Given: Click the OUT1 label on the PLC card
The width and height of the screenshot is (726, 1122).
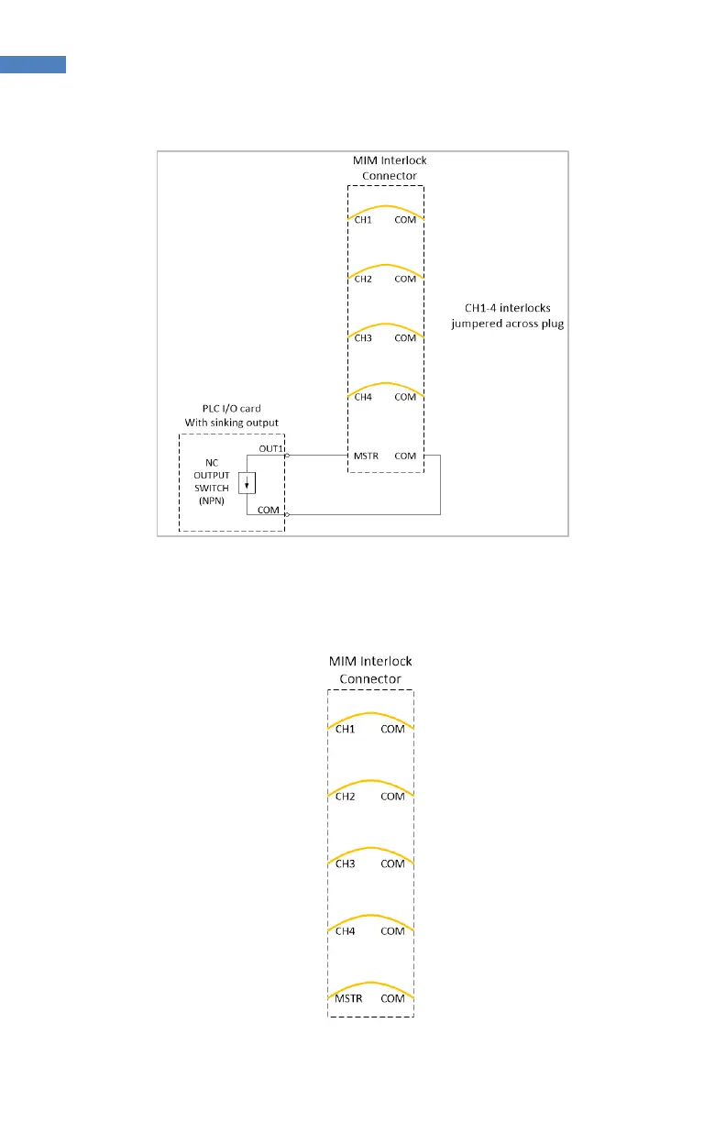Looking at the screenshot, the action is (272, 447).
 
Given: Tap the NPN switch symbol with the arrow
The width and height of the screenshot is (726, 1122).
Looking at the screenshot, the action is (246, 483).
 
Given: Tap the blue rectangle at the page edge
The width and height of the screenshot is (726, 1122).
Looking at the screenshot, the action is (33, 63).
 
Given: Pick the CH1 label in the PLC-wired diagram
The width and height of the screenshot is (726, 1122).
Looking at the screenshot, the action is (363, 220).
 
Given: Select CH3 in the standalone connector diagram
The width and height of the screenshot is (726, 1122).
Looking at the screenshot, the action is (345, 863).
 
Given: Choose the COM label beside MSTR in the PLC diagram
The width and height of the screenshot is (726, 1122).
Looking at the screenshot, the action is (405, 455).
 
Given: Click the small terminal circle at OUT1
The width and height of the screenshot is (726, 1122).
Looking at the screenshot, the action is (287, 455).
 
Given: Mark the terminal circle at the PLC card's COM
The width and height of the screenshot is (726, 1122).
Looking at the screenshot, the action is (287, 515).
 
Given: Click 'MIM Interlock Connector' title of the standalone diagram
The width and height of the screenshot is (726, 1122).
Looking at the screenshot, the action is (370, 669).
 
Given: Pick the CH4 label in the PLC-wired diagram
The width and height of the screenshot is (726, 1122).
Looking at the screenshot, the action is (363, 397).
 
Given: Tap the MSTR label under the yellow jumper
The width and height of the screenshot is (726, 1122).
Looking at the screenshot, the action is (344, 998).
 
